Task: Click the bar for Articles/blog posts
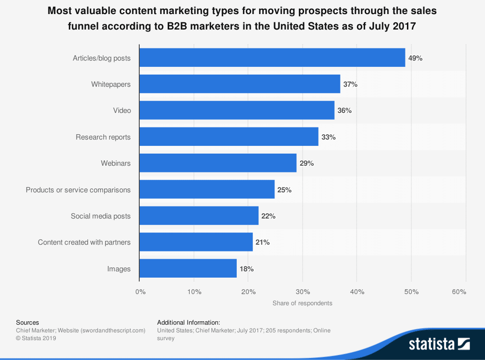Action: (x=272, y=58)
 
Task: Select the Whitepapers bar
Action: (x=240, y=84)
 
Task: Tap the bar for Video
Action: (x=237, y=110)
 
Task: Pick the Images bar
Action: (x=188, y=268)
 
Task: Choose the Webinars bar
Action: (x=218, y=163)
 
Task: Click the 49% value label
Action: (x=416, y=58)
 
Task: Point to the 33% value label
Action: (x=328, y=137)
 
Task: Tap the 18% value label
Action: (x=246, y=269)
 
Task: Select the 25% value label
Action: (x=284, y=190)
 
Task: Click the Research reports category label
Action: (x=103, y=137)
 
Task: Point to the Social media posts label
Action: (x=100, y=216)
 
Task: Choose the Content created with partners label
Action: (x=84, y=242)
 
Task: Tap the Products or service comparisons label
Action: (x=78, y=190)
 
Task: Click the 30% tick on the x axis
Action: (x=302, y=292)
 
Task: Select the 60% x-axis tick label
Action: (x=459, y=292)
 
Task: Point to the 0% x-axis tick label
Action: (x=140, y=292)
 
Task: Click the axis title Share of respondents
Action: (x=302, y=303)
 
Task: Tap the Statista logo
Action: (x=439, y=344)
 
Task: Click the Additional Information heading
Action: (x=189, y=322)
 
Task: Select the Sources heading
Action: (x=28, y=322)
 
